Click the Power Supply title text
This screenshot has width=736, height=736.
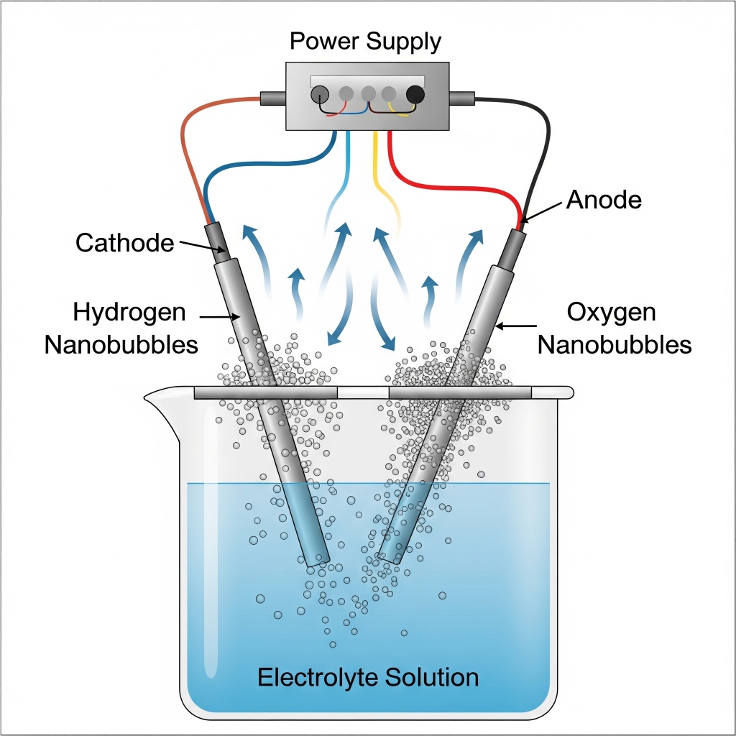365,42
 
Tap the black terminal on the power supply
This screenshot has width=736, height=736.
415,94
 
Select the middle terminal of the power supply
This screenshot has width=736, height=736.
368,93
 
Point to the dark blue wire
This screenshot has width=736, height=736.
237,167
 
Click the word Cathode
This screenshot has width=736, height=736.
124,243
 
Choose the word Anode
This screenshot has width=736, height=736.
604,200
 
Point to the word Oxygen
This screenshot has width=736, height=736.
611,313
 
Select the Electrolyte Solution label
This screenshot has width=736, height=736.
367,677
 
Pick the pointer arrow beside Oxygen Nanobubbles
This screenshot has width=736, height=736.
515,328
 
